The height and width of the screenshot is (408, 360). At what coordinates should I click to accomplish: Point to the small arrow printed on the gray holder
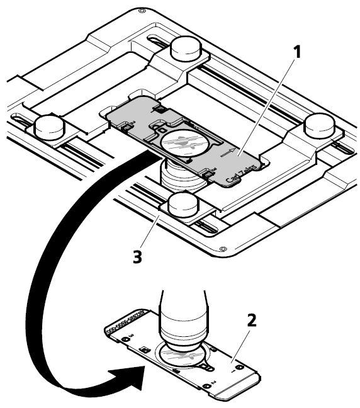[x=228, y=152]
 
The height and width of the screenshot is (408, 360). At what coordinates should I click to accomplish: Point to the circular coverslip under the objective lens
[x=183, y=357]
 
